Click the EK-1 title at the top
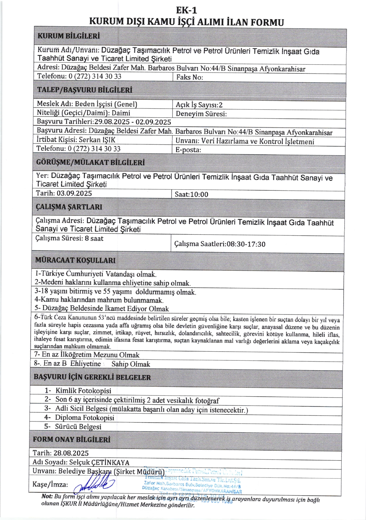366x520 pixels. pyautogui.click(x=187, y=10)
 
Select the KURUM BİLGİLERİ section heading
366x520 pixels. pyautogui.click(x=69, y=36)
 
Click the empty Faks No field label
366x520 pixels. pyautogui.click(x=190, y=77)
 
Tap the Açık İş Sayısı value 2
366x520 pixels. pyautogui.click(x=221, y=105)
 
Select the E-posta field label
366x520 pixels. pyautogui.click(x=188, y=150)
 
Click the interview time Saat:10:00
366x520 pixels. pyautogui.click(x=191, y=194)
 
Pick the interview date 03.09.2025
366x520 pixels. pyautogui.click(x=74, y=193)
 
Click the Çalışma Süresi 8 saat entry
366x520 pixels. pyautogui.click(x=69, y=238)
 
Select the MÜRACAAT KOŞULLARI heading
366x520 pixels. pyautogui.click(x=75, y=260)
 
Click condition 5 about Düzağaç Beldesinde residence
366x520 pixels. pyautogui.click(x=102, y=308)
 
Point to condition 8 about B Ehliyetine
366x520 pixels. pyautogui.click(x=92, y=364)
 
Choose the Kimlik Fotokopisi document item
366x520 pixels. pyautogui.click(x=83, y=391)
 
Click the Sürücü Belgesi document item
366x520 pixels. pyautogui.click(x=78, y=427)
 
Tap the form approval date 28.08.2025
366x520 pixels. pyautogui.click(x=71, y=453)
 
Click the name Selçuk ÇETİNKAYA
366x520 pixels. pyautogui.click(x=99, y=462)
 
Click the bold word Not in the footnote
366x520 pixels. pyautogui.click(x=47, y=496)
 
